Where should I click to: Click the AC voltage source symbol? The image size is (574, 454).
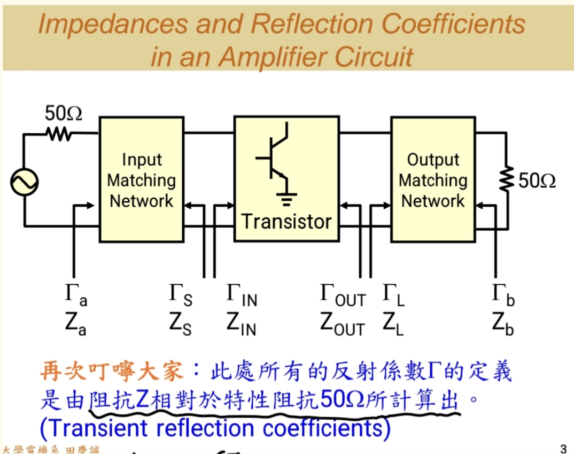[24, 181]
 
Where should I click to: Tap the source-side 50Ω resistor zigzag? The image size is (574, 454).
[58, 134]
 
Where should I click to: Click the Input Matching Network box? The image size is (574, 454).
[141, 179]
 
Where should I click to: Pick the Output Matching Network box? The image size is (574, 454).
[433, 179]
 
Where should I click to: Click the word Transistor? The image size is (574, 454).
[286, 221]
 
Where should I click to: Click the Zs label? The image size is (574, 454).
[180, 323]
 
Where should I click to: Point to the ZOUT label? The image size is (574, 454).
[343, 323]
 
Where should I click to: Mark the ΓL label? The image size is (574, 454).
[393, 296]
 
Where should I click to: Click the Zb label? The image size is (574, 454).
[502, 323]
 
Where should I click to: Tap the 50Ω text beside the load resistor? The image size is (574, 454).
[537, 181]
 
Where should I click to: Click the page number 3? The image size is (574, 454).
[563, 449]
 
